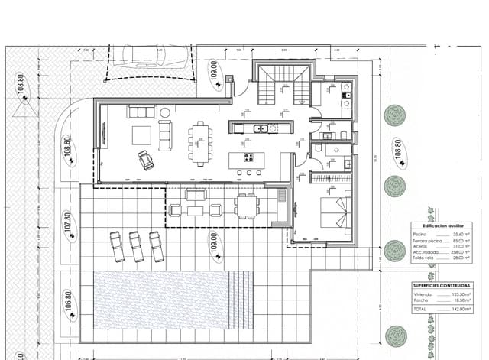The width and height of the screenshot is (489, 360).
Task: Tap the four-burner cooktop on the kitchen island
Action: coord(249,158)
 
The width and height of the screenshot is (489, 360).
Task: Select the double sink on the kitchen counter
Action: coord(261,128)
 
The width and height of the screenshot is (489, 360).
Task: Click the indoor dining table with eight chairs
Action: coord(201,143)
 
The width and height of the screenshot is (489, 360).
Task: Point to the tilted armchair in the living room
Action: coord(144,160)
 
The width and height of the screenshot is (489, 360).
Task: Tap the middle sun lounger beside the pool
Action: coord(137,246)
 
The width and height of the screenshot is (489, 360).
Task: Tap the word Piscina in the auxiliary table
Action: coord(419,234)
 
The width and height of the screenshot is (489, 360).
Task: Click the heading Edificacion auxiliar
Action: coord(436,226)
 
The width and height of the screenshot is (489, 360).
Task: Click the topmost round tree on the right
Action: coord(394,115)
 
